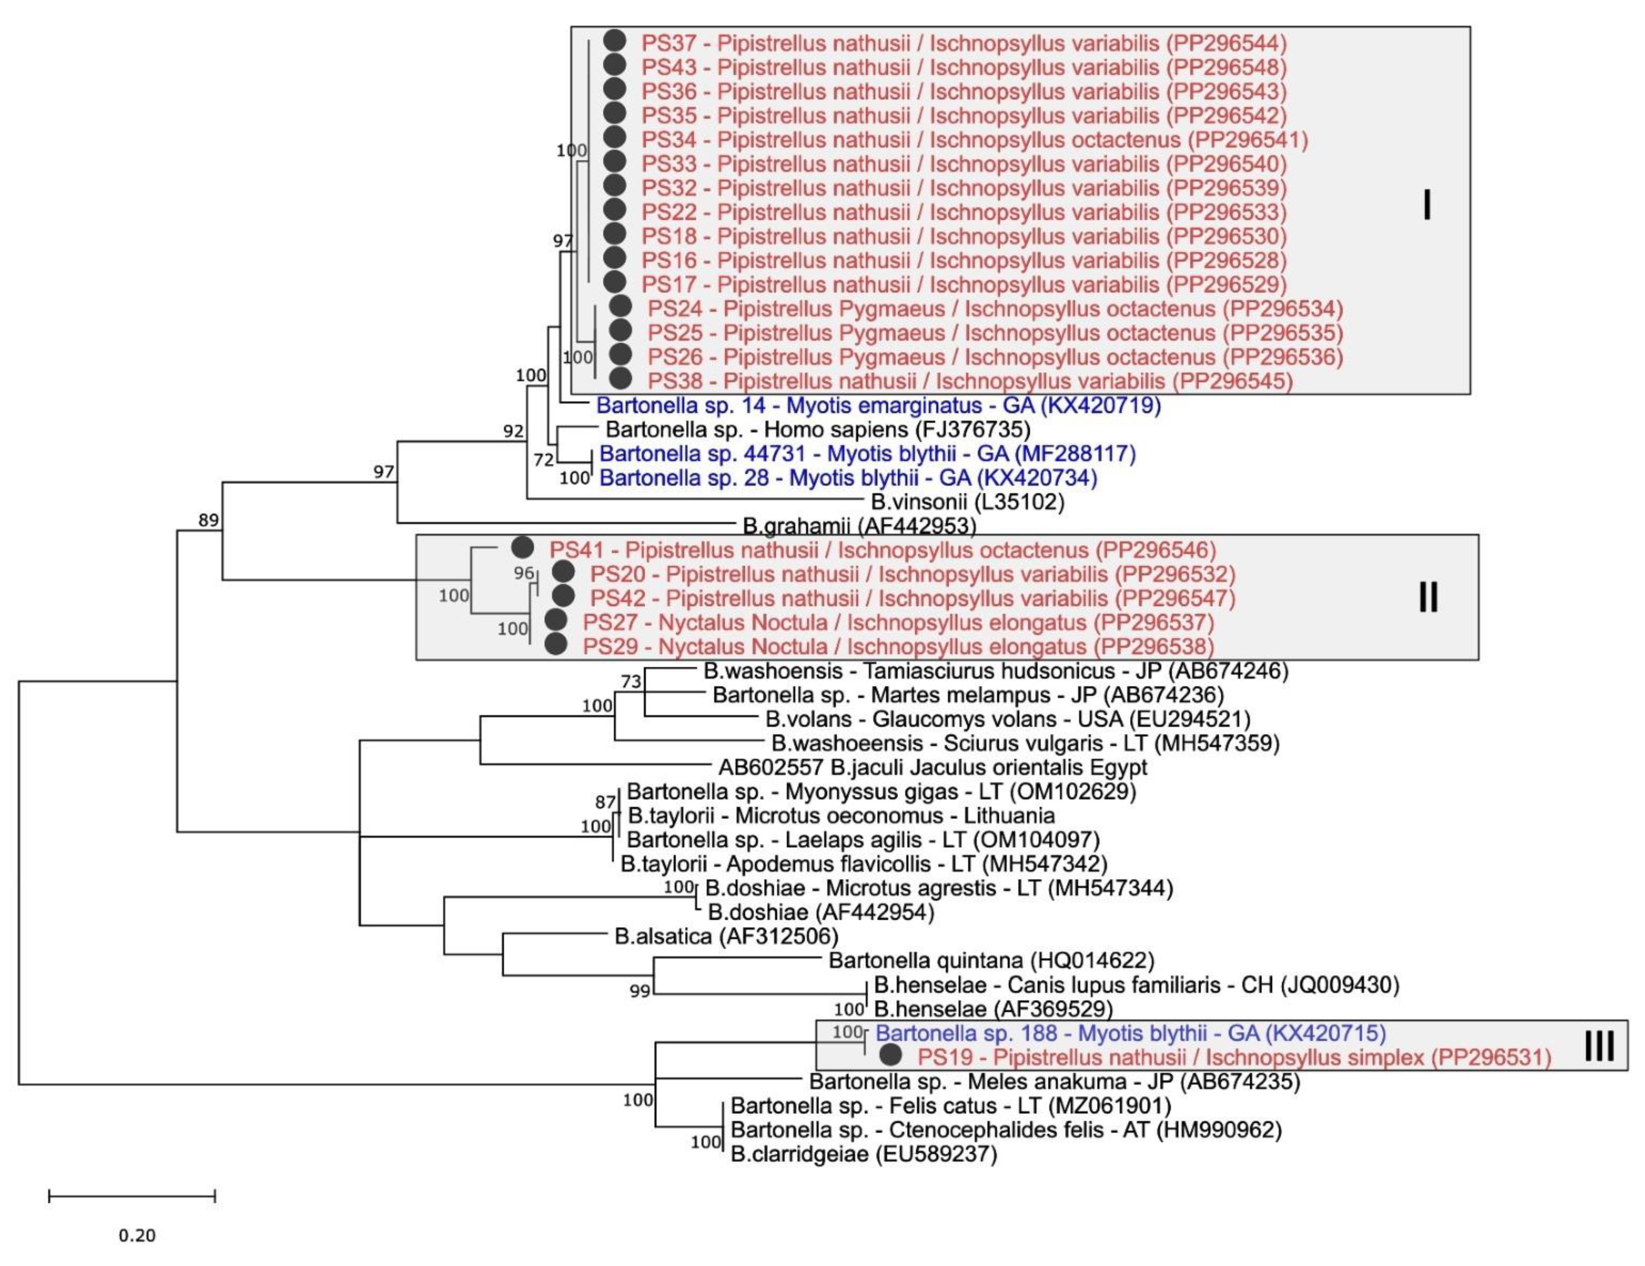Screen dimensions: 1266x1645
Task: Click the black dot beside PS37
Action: (x=615, y=42)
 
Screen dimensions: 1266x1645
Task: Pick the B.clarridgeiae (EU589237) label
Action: (x=863, y=1154)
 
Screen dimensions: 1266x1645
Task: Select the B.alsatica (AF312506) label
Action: (x=726, y=936)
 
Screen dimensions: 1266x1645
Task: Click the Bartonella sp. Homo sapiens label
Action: (x=817, y=430)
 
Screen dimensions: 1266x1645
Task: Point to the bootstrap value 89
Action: (x=209, y=520)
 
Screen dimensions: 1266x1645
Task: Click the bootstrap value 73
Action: (x=631, y=681)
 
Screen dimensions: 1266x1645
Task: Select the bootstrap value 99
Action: (x=640, y=991)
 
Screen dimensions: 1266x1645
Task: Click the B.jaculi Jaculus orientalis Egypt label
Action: (x=933, y=767)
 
